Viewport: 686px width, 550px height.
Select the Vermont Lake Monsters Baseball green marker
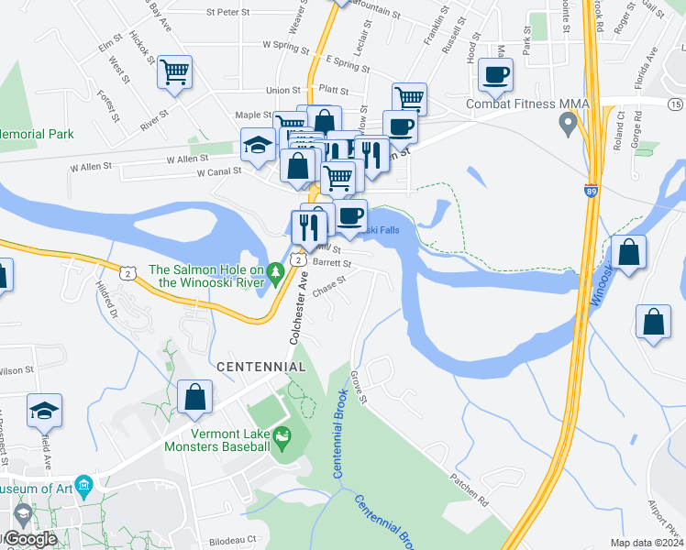click(282, 439)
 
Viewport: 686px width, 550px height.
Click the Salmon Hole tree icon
click(273, 270)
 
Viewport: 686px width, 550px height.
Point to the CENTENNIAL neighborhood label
click(260, 367)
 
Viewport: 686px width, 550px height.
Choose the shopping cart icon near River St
click(174, 71)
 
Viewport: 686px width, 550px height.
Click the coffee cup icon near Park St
click(496, 75)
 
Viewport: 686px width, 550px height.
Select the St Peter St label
click(228, 12)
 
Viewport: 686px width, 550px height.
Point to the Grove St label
click(359, 388)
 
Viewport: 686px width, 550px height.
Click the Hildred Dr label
click(108, 300)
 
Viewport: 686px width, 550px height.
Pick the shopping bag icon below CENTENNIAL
click(195, 398)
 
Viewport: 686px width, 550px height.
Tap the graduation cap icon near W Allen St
click(259, 145)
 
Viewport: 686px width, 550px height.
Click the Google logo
click(30, 539)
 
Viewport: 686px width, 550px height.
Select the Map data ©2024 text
click(647, 543)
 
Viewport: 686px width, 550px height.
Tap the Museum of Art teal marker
click(83, 484)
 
